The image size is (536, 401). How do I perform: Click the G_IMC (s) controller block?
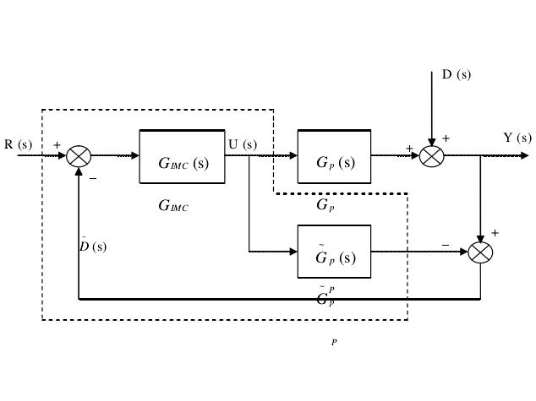tap(182, 157)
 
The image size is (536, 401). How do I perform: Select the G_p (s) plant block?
tap(334, 157)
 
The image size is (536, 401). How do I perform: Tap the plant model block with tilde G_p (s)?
tap(334, 252)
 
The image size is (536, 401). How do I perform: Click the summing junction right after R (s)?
tap(79, 156)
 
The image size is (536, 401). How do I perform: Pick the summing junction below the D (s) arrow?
tap(431, 156)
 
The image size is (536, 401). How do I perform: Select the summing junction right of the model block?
tap(480, 252)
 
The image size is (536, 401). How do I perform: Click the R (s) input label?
tap(18, 144)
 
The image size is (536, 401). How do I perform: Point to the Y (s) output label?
tap(517, 138)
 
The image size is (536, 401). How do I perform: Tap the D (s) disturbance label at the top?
tap(457, 74)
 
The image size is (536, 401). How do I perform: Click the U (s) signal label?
tap(243, 144)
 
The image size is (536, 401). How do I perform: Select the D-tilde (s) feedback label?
tap(93, 246)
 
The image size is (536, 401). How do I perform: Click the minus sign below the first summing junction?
tap(93, 179)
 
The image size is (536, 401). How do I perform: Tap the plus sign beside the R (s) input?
tap(57, 145)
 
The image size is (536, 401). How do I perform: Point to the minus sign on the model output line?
tap(446, 245)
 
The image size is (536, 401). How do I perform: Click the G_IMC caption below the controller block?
tap(173, 206)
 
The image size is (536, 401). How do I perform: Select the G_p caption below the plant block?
tap(325, 205)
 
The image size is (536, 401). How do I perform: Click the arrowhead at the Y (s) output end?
tap(525, 156)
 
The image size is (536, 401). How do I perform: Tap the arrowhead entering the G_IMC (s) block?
tap(135, 156)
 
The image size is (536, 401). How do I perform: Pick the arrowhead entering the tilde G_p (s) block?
tap(293, 252)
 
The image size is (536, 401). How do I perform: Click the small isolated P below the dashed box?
tap(334, 342)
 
